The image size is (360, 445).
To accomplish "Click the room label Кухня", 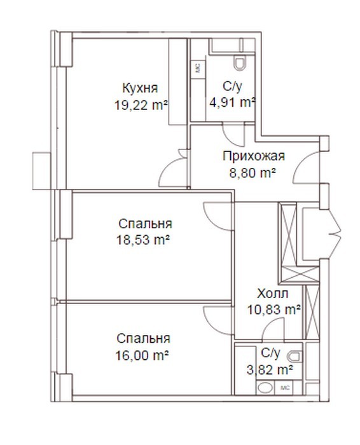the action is [140, 88].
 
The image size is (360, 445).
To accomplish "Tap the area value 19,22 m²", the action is [141, 106].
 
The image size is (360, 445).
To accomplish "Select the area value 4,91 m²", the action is [233, 102].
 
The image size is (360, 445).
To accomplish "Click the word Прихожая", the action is [254, 156].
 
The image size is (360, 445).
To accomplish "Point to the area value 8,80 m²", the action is [253, 172].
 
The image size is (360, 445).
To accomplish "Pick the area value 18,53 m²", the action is [143, 240].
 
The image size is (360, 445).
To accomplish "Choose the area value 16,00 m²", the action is [142, 355].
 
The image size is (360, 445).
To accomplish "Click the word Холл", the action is [273, 294].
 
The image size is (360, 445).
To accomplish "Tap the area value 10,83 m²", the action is [274, 310].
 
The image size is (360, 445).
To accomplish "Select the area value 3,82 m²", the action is [270, 370].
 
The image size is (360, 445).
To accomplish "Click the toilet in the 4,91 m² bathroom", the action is [239, 63].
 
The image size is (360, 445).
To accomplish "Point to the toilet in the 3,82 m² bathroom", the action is [295, 357].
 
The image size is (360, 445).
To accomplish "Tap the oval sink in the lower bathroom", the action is [265, 387].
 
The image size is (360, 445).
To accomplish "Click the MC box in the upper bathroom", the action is [198, 68].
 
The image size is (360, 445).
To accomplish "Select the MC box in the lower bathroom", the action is [284, 388].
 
